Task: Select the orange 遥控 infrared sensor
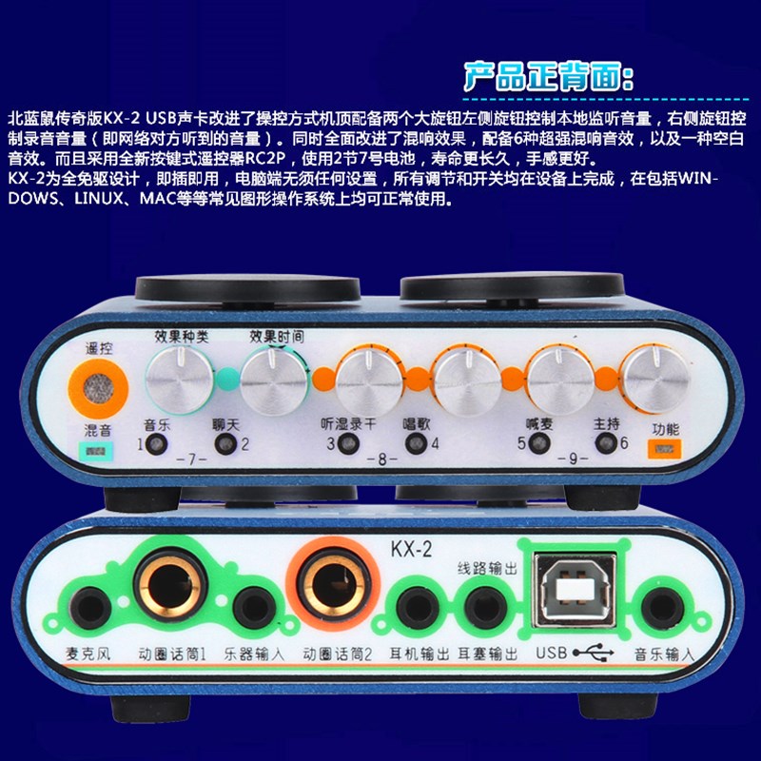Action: pyautogui.click(x=97, y=385)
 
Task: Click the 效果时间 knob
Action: pyautogui.click(x=274, y=379)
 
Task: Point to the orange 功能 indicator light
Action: pyautogui.click(x=665, y=447)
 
